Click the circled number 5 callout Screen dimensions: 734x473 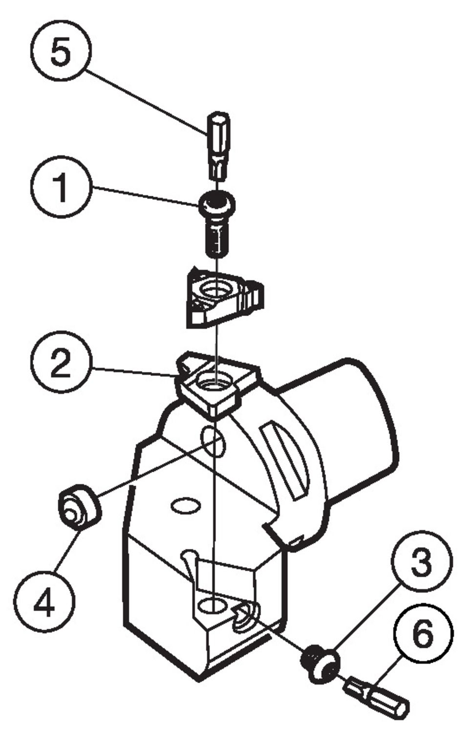coord(60,51)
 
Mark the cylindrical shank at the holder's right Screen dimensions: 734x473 coord(357,431)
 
